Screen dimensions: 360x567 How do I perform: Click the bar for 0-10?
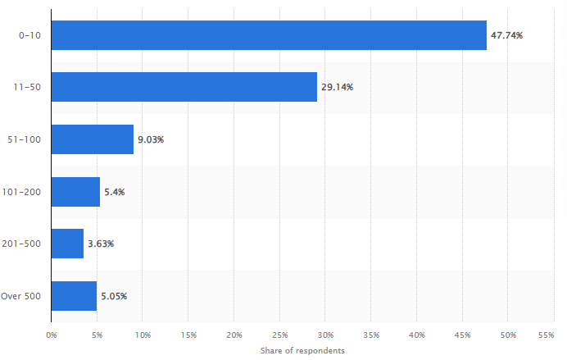coord(269,35)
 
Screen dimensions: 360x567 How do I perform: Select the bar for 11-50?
coord(184,87)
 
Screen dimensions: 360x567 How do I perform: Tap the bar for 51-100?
coord(92,139)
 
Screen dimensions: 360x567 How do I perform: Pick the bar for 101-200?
coord(75,191)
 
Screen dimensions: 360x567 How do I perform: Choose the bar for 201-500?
coord(67,244)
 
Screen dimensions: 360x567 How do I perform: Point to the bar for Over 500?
coord(74,295)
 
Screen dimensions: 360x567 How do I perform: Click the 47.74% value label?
coord(506,35)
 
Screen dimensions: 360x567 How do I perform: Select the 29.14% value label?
coord(337,87)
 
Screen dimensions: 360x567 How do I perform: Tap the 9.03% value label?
coord(151,139)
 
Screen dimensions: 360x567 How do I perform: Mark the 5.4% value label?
coord(114,192)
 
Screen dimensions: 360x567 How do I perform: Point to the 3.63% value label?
coord(102,244)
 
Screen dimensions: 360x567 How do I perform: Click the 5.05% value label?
coord(114,295)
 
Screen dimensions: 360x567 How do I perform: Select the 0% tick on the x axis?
coord(51,335)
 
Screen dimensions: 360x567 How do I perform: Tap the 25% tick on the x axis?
coord(279,335)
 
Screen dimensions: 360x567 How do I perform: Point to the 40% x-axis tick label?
coord(417,335)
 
